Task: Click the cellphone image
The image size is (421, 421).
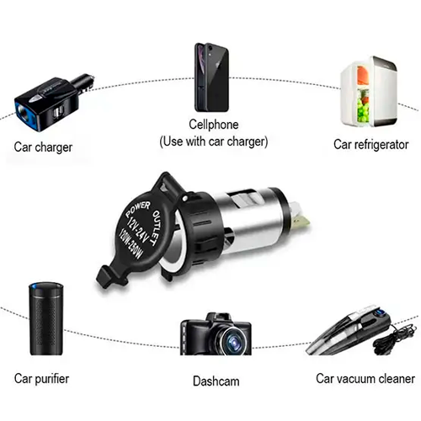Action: [x=212, y=77]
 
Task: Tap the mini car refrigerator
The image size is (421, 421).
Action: [x=369, y=92]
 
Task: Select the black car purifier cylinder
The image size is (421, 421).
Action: [x=46, y=318]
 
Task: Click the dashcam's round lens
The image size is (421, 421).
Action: [x=233, y=341]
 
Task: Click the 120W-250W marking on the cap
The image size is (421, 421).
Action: [x=131, y=243]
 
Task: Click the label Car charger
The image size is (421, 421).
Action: [x=43, y=147]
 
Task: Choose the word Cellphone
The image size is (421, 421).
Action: [x=214, y=125]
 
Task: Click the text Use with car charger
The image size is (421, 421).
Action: [x=214, y=141]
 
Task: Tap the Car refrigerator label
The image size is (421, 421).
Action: [x=370, y=145]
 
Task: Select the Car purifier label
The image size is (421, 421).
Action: [x=41, y=379]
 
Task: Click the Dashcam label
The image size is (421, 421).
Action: [x=216, y=381]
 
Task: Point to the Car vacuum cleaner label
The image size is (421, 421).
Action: [x=365, y=379]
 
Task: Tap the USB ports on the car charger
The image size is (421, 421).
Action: [x=59, y=112]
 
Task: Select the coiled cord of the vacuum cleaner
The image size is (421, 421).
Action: [x=394, y=339]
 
